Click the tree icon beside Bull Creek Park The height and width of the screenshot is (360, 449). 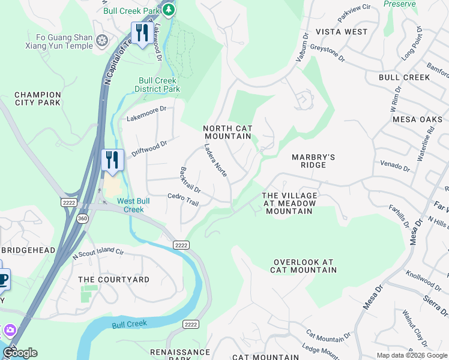(x=169, y=10)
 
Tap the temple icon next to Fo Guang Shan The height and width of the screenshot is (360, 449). (x=102, y=40)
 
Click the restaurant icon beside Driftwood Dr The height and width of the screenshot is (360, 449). (x=112, y=160)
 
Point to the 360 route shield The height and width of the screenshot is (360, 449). (x=82, y=218)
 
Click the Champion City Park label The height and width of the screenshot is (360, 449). (x=38, y=98)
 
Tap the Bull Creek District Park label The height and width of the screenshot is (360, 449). (x=157, y=85)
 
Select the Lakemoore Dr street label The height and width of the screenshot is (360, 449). (x=146, y=114)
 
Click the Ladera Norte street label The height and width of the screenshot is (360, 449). (x=215, y=160)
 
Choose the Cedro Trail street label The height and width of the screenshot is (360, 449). (x=183, y=199)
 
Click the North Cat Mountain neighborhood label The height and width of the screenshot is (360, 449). (x=227, y=132)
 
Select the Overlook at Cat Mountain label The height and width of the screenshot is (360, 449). (x=303, y=266)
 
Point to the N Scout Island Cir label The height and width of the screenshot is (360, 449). (x=98, y=254)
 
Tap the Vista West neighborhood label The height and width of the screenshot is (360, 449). (x=342, y=31)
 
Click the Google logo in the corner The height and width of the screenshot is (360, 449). (x=20, y=353)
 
